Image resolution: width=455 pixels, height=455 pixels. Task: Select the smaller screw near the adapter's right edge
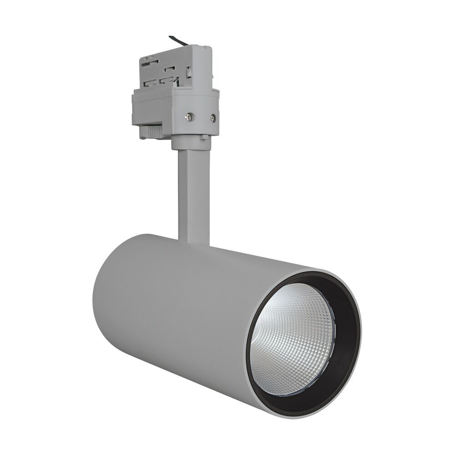pos(212,119)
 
